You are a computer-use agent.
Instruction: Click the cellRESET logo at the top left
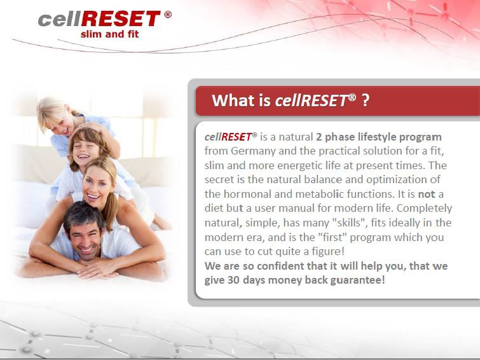[x=99, y=18]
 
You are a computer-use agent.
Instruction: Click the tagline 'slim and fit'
[x=109, y=34]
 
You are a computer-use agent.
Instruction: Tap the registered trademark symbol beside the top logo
[x=168, y=14]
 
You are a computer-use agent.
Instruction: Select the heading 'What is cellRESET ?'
[x=290, y=100]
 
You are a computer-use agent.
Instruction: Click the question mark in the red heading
[x=365, y=100]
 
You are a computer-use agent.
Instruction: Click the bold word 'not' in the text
[x=427, y=193]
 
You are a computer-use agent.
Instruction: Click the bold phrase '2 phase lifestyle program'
[x=378, y=137]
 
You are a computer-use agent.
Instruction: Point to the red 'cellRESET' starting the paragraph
[x=228, y=137]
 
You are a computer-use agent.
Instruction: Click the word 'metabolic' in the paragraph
[x=320, y=193]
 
